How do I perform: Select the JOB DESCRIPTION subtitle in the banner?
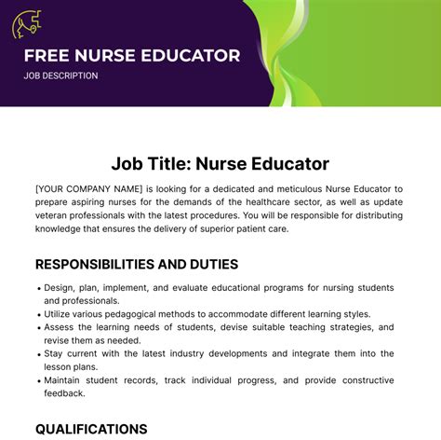(60, 76)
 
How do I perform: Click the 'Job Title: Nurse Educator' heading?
(220, 164)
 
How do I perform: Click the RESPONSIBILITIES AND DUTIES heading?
(137, 264)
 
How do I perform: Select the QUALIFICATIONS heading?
(91, 429)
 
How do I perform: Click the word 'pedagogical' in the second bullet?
(150, 315)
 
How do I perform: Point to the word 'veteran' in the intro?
(57, 215)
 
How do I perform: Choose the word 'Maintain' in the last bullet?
(65, 380)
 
